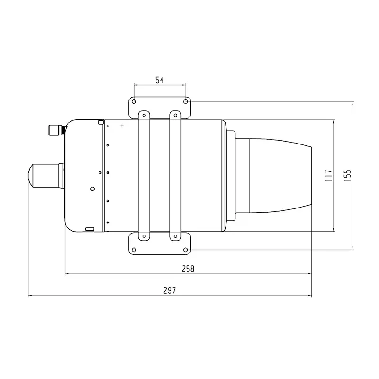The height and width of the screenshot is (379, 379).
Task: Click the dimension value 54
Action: (159, 81)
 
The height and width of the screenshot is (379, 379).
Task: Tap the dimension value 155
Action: (347, 175)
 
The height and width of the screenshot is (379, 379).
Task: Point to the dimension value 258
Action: (188, 269)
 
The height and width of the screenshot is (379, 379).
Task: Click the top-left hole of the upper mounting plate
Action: (134, 101)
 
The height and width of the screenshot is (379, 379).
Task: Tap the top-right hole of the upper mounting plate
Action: (186, 101)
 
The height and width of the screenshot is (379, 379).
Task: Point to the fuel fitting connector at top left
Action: (56, 129)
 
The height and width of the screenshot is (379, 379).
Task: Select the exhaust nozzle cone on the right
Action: (280, 175)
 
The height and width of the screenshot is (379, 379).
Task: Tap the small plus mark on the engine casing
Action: (122, 126)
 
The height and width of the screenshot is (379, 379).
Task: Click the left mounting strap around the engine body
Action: (143, 175)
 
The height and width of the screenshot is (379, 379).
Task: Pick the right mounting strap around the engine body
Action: (175, 175)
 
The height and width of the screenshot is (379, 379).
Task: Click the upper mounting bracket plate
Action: (160, 107)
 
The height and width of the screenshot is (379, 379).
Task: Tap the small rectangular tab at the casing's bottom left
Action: (90, 229)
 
